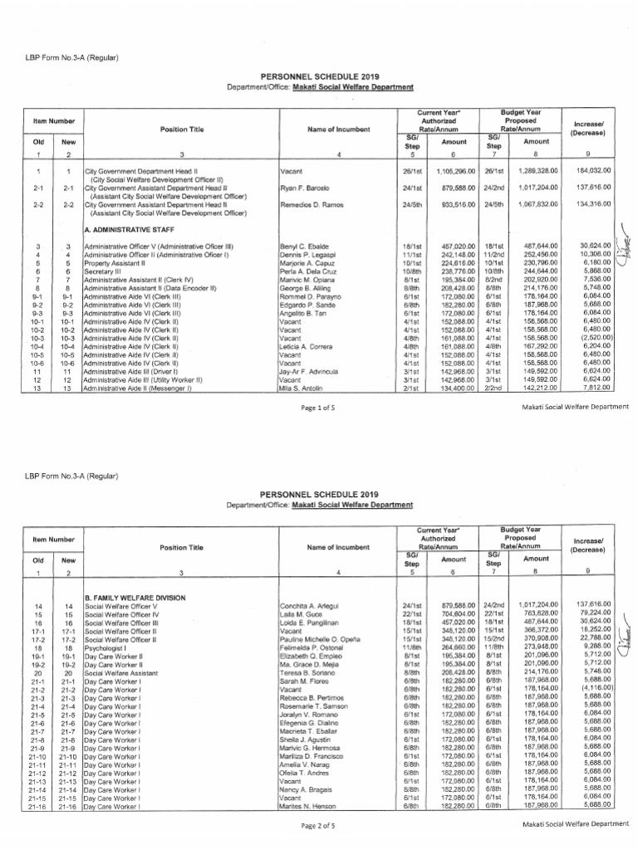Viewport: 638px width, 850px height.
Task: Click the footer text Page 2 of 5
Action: (319, 825)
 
